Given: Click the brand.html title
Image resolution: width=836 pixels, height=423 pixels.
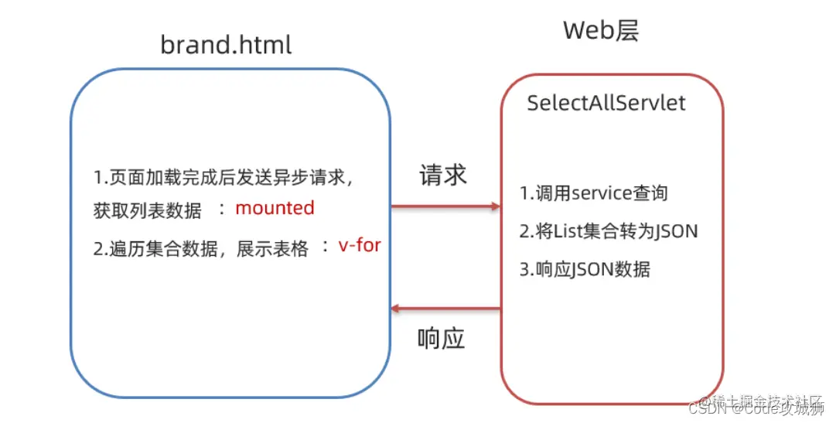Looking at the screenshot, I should tap(226, 44).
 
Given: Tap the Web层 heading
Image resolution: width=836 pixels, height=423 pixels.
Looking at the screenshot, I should tap(601, 31).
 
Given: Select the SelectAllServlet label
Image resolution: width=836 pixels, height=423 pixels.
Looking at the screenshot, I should tap(606, 103).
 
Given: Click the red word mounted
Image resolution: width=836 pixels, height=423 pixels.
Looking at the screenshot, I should tap(275, 208).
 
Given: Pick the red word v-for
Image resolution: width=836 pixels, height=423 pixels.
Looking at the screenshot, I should tap(360, 247).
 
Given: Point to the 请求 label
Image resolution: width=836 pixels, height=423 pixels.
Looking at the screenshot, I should tap(443, 175).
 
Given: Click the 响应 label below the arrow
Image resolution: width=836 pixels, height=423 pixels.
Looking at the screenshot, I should tap(442, 339).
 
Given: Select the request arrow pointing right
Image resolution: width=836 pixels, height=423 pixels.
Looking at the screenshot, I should tap(445, 206).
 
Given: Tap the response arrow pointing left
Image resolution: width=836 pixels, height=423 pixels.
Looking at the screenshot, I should tap(445, 309).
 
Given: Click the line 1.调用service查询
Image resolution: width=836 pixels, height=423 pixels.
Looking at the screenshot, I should tap(593, 193).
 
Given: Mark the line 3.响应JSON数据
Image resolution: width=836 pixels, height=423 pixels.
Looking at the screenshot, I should tap(585, 268).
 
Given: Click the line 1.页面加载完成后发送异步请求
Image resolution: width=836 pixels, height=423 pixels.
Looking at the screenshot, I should tap(224, 177).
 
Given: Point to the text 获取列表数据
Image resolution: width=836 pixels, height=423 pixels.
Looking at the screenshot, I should tap(148, 210).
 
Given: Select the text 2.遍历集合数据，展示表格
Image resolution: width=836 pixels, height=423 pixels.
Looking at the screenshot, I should tap(201, 248).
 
